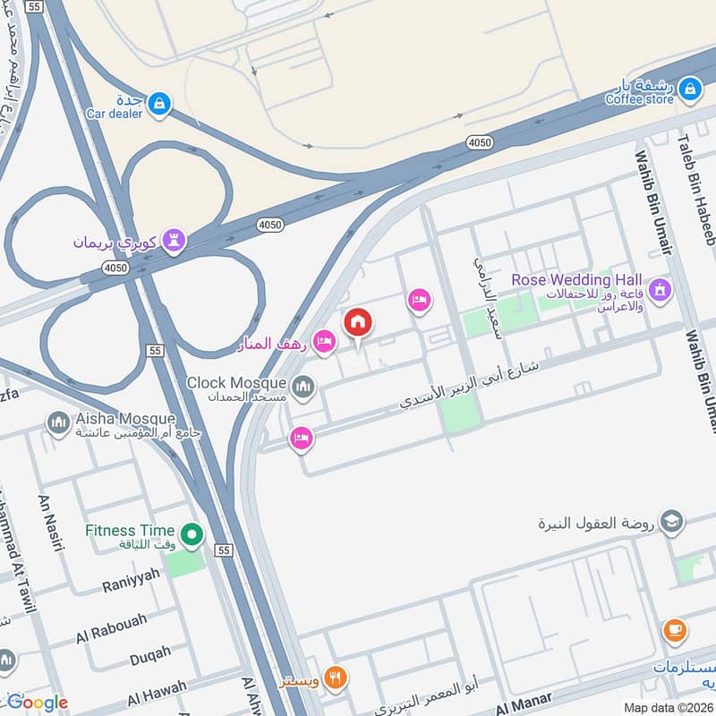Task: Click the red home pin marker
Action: (358, 322)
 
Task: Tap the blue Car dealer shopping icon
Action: (158, 104)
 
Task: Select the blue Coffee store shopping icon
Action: (689, 88)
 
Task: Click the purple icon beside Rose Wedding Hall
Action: (661, 290)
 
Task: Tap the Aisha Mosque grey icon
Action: (59, 422)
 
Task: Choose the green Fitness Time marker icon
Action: (191, 536)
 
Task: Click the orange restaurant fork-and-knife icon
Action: (336, 678)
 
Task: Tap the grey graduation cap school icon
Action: (671, 521)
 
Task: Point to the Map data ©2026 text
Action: (669, 708)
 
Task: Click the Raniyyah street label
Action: (130, 580)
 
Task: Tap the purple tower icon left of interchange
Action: (177, 240)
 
